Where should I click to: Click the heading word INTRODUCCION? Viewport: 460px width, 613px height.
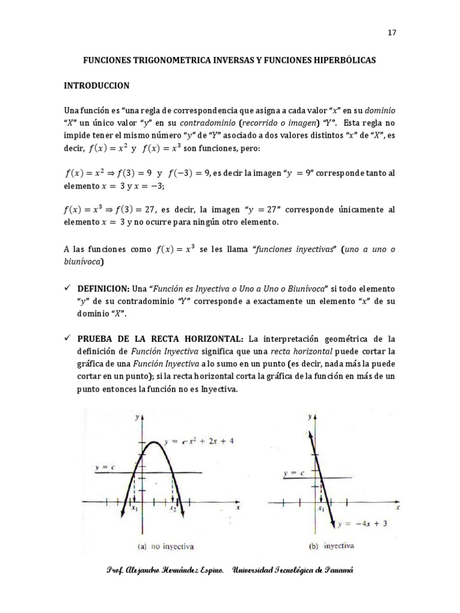click(x=96, y=86)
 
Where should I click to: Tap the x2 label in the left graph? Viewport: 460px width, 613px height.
click(x=172, y=509)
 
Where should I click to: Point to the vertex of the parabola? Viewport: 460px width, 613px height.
click(x=155, y=442)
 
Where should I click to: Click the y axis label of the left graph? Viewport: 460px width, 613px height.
click(x=138, y=417)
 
